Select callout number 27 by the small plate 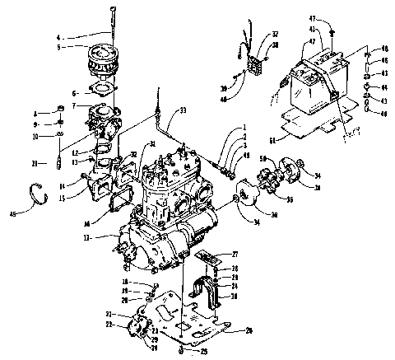(235, 254)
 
